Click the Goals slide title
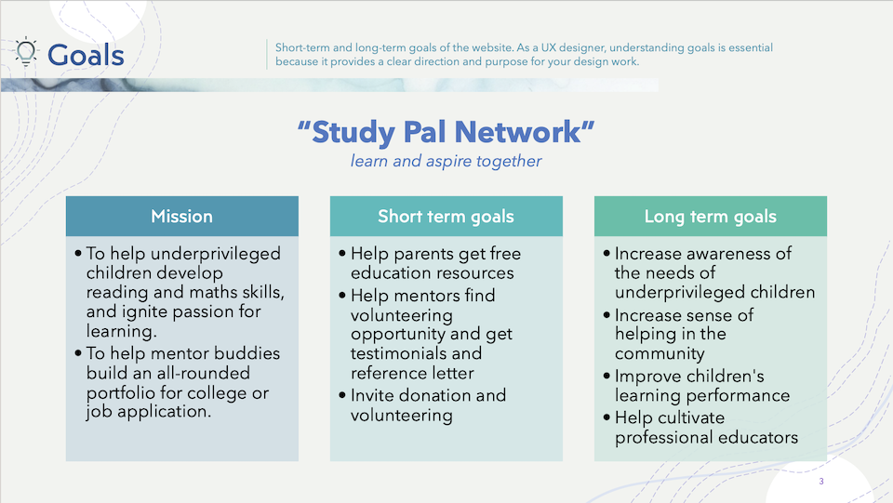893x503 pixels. [86, 55]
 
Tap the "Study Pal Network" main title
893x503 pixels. [446, 132]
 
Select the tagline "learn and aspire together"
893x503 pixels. [446, 162]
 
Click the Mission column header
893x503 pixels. [182, 217]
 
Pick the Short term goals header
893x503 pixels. [446, 217]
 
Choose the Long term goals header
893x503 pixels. [710, 217]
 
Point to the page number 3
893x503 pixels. [821, 482]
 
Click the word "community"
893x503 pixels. [660, 354]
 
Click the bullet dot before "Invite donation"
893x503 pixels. [342, 395]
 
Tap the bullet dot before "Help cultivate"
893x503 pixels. [606, 417]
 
